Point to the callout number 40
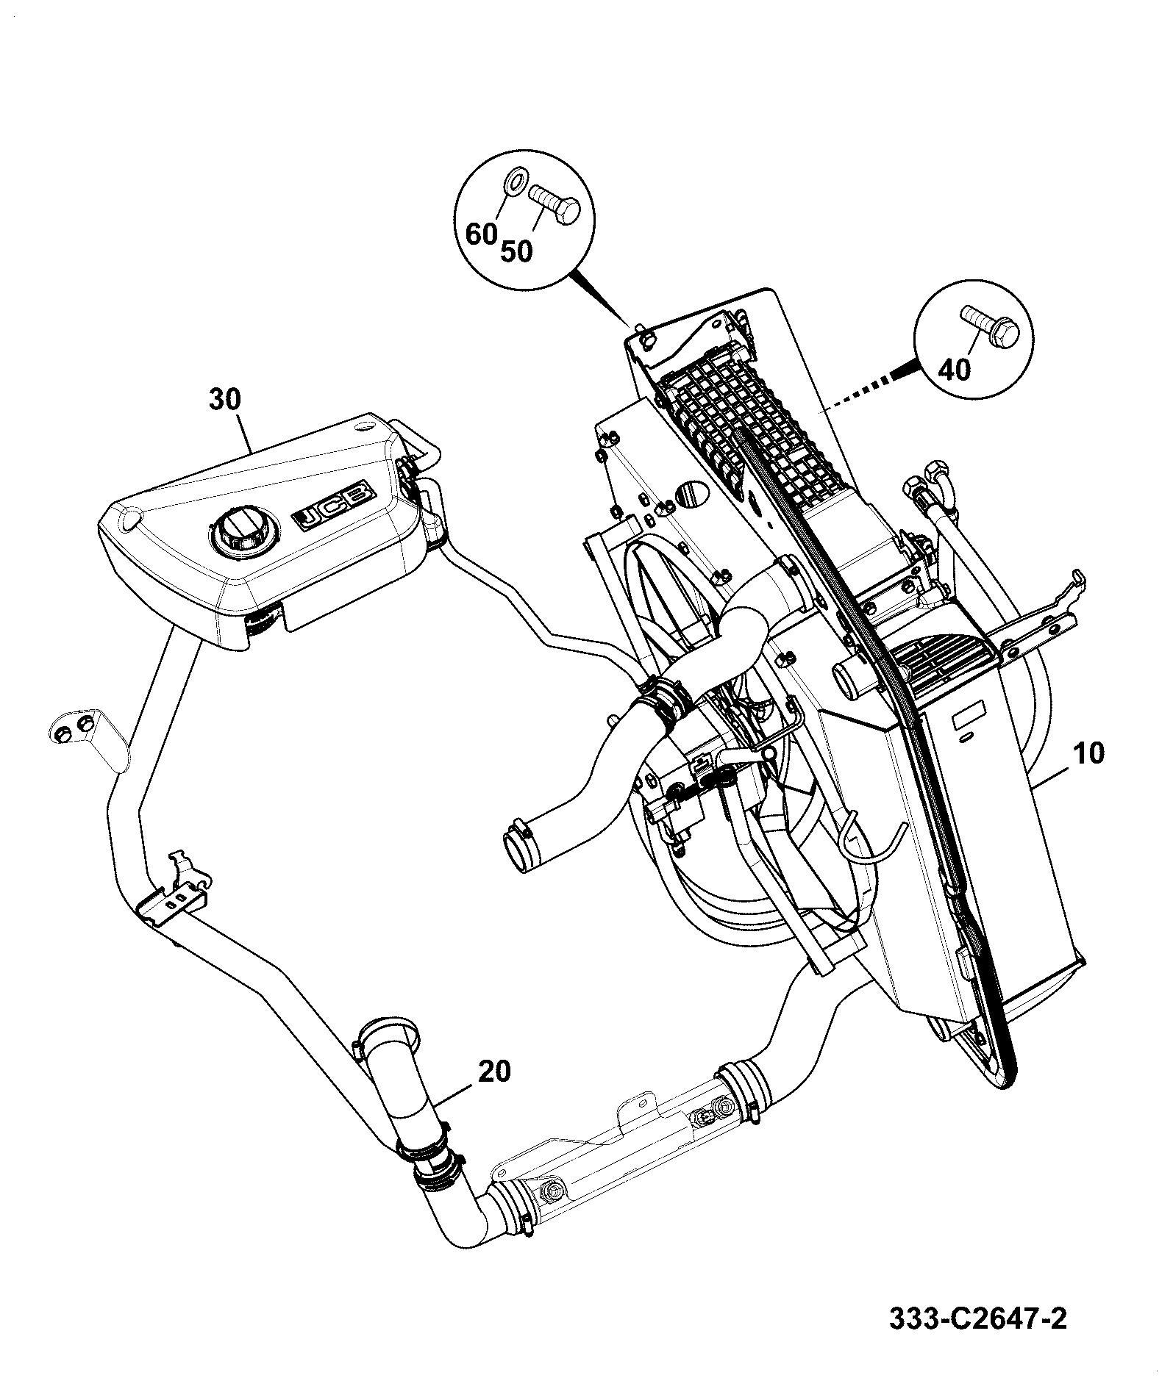click(955, 370)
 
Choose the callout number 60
click(482, 234)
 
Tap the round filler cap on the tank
click(242, 531)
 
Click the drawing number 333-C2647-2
click(977, 1318)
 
